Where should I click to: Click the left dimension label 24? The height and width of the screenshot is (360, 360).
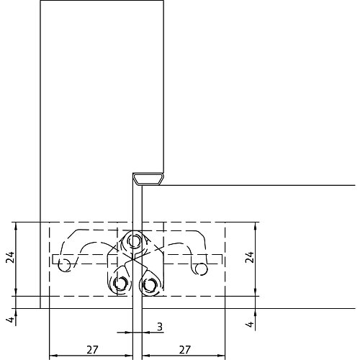[x=10, y=257]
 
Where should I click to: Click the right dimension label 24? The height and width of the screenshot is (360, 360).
[x=250, y=257]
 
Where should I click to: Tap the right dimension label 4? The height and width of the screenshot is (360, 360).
[x=251, y=324]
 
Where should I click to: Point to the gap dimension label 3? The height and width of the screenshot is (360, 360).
[x=160, y=327]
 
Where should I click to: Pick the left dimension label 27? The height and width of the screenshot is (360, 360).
[x=92, y=350]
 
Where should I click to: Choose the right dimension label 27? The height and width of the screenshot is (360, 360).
[x=184, y=350]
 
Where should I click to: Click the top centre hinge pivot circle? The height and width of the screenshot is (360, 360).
[x=134, y=240]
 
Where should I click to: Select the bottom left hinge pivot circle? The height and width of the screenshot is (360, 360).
[x=120, y=284]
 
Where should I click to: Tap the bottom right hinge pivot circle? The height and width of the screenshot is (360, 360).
[x=149, y=285]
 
